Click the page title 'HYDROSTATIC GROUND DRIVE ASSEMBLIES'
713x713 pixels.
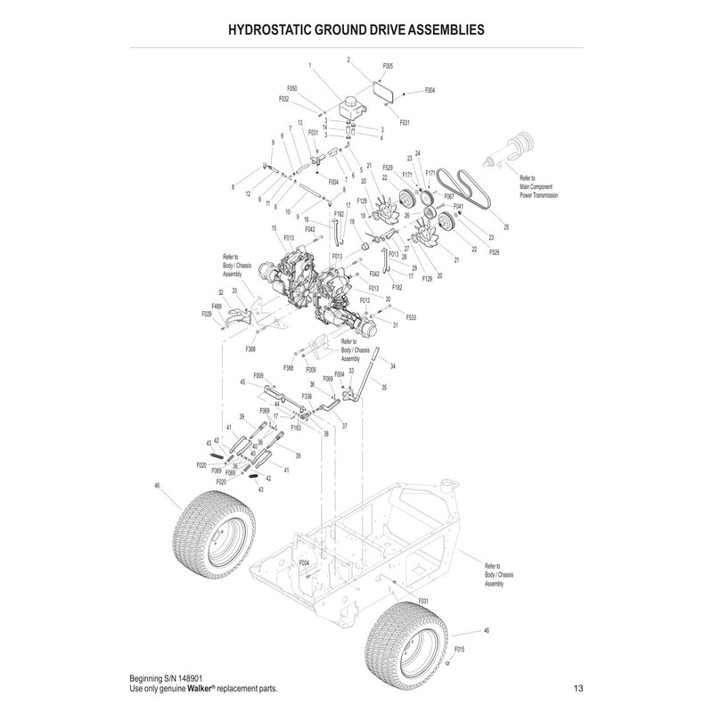point(356,29)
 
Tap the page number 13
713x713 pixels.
point(578,688)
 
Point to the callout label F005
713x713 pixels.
point(388,67)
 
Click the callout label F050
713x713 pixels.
point(291,89)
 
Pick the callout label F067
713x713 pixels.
point(449,195)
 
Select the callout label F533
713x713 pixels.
point(411,317)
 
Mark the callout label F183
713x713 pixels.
point(295,428)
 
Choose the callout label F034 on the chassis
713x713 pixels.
point(304,563)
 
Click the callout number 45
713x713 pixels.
point(242,382)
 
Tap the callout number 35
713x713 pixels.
point(385,387)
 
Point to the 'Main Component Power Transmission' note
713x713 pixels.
point(539,188)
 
